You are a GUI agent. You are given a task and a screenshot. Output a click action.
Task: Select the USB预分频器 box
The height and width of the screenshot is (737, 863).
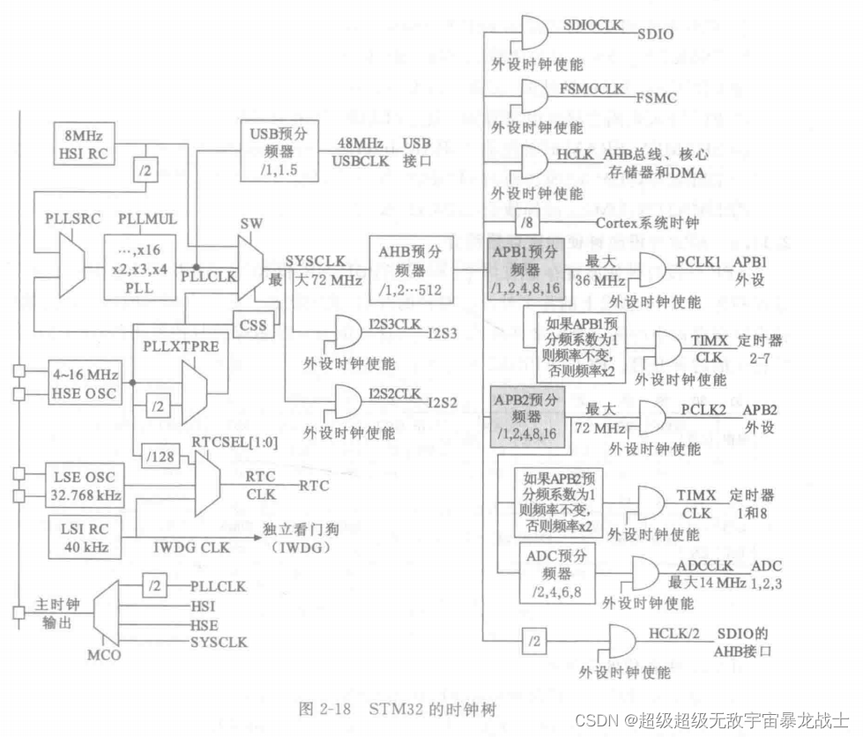278,150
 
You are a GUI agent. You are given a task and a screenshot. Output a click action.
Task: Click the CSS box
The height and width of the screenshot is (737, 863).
251,324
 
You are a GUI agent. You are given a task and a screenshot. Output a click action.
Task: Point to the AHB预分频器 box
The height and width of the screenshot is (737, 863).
411,270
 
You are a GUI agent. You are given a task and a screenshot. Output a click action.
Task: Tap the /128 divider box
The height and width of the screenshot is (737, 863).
160,455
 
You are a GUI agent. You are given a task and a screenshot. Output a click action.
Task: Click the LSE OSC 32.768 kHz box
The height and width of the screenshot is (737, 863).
80,486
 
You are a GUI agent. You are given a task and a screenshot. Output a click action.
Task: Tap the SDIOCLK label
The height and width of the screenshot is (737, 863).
591,26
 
